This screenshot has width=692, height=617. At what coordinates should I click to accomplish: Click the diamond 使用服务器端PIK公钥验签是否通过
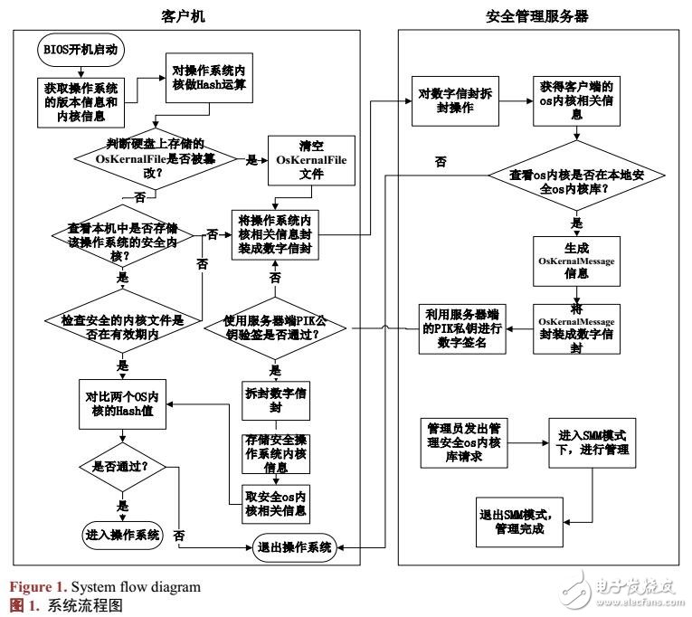coord(276,328)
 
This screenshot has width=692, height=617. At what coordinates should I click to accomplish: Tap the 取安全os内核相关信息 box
coord(277,504)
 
